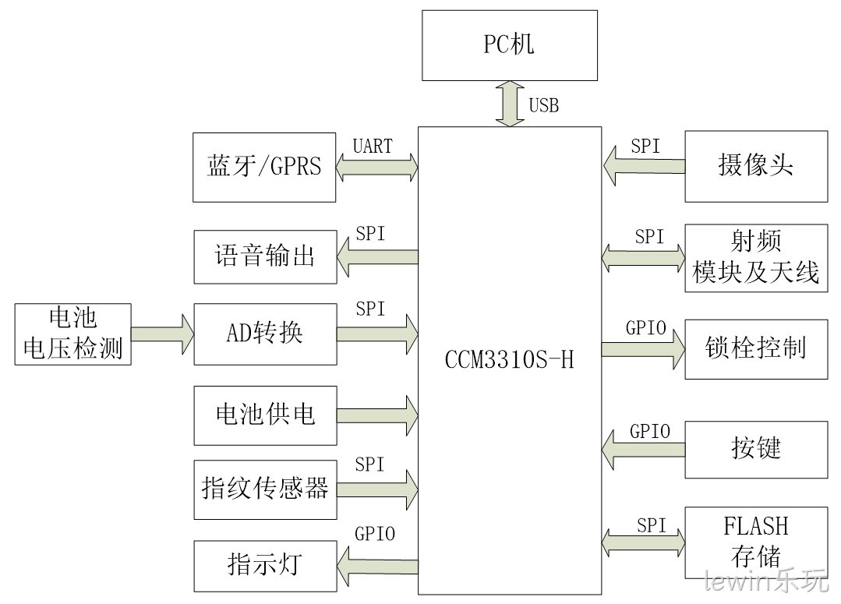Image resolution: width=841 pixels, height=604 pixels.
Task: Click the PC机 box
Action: pyautogui.click(x=510, y=46)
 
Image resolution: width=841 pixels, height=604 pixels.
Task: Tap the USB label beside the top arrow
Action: pyautogui.click(x=544, y=105)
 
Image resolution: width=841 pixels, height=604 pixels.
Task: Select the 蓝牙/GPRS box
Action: pyautogui.click(x=264, y=168)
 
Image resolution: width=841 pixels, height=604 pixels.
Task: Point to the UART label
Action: pyautogui.click(x=373, y=146)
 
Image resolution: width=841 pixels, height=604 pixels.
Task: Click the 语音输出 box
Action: pyautogui.click(x=266, y=257)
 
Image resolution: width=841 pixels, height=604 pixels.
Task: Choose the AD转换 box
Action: pyautogui.click(x=266, y=334)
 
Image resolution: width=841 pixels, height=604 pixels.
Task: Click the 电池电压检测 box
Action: pyautogui.click(x=73, y=334)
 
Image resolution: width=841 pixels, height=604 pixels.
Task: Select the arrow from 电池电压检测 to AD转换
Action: pyautogui.click(x=163, y=334)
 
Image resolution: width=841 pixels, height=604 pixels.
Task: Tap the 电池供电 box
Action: pyautogui.click(x=266, y=415)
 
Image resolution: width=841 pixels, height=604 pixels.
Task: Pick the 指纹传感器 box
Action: pyautogui.click(x=266, y=489)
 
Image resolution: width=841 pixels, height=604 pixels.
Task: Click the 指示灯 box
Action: pyautogui.click(x=266, y=567)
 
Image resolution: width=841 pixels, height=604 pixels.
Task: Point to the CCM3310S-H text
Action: pyautogui.click(x=510, y=359)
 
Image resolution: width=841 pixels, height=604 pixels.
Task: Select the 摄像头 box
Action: pyautogui.click(x=756, y=166)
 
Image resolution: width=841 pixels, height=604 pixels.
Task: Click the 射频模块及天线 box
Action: pyautogui.click(x=756, y=258)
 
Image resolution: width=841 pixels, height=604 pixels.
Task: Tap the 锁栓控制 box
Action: pyautogui.click(x=756, y=349)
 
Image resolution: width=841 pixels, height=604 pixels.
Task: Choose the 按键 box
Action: pyautogui.click(x=756, y=450)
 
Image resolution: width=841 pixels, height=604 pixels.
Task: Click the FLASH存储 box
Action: pyautogui.click(x=756, y=542)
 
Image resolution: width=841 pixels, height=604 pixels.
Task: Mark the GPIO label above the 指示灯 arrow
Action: pyautogui.click(x=375, y=533)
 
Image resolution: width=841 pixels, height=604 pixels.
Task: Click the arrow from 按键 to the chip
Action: pyautogui.click(x=644, y=450)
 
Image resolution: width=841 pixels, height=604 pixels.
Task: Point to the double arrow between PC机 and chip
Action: pyautogui.click(x=510, y=104)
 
